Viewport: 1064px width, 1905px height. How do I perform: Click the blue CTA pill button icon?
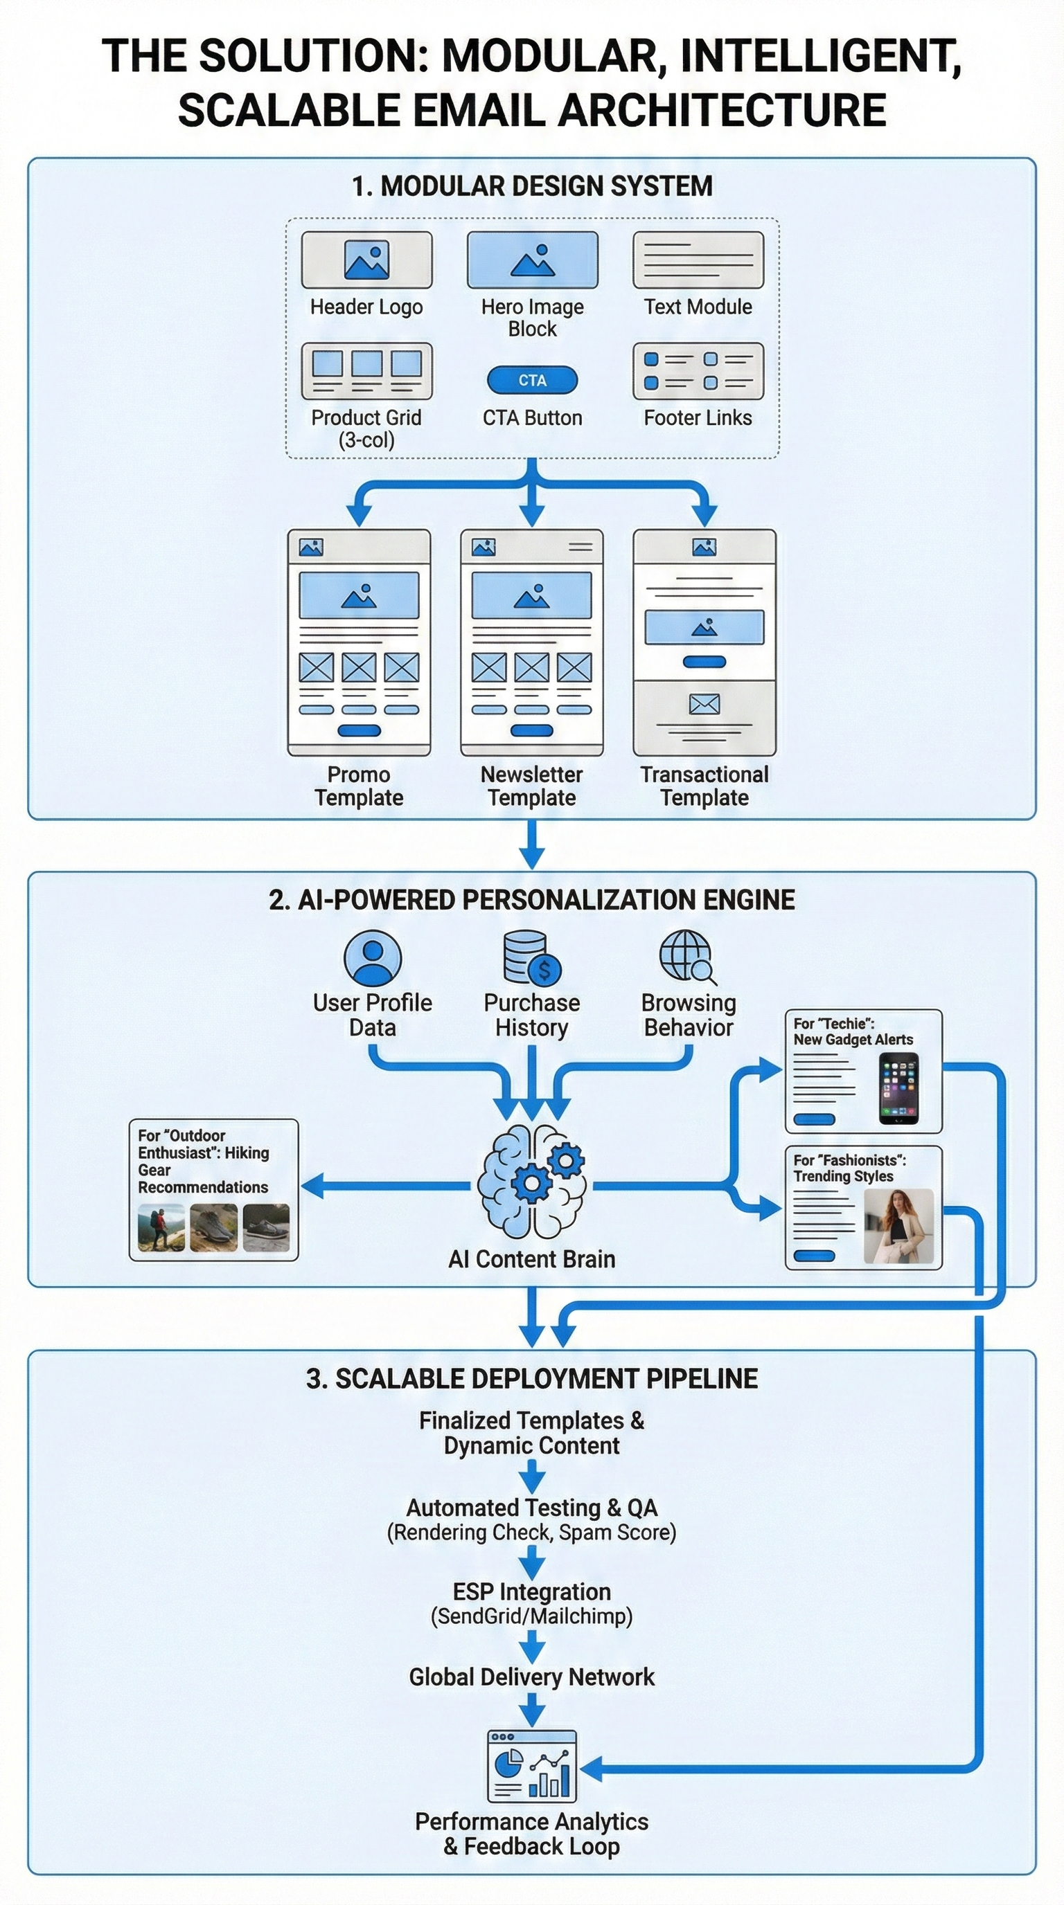coord(532,380)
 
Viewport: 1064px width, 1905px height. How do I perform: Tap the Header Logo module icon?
coord(366,260)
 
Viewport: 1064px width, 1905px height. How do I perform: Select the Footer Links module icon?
coord(698,370)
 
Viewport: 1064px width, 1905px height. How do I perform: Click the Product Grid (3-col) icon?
coord(366,370)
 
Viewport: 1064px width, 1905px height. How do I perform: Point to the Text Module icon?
coord(698,260)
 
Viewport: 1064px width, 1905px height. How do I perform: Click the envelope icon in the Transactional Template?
coord(704,703)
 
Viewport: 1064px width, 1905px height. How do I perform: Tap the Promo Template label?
coord(359,786)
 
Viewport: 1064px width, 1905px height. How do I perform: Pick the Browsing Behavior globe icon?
coord(687,957)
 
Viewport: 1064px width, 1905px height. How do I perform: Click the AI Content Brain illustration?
coord(531,1182)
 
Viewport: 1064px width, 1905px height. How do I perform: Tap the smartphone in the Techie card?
coord(898,1089)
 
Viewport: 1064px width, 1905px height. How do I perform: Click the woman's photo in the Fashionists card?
coord(898,1225)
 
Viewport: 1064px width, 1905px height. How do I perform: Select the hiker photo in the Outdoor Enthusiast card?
coord(161,1227)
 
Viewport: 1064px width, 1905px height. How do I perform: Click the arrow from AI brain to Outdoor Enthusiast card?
coord(384,1186)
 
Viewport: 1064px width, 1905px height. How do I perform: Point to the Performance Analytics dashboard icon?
coord(531,1766)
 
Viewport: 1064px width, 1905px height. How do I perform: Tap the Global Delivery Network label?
coord(531,1677)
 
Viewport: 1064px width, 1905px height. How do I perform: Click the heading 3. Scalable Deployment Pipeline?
coord(531,1378)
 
